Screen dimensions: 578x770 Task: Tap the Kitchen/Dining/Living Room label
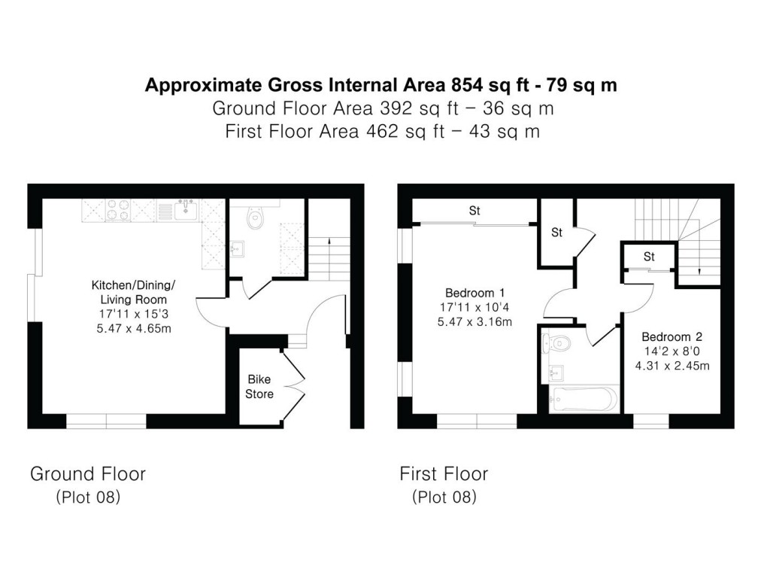click(x=133, y=292)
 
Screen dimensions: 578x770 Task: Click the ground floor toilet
click(x=256, y=218)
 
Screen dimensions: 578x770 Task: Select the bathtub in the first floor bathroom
click(x=584, y=400)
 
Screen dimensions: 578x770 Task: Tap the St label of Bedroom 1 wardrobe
click(x=474, y=211)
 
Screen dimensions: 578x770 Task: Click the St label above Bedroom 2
click(x=649, y=257)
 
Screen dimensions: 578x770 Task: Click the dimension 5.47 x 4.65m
click(x=133, y=328)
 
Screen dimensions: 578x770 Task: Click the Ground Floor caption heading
click(x=87, y=473)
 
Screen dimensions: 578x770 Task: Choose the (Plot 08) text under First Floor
click(x=444, y=497)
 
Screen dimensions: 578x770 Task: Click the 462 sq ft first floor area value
click(x=405, y=132)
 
